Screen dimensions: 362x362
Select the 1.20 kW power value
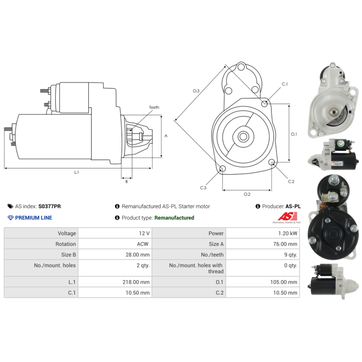pos(288,233)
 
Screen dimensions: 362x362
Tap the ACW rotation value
pos(143,244)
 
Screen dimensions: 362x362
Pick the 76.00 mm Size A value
pos(285,244)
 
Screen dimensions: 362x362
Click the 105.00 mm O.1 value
pos(284,282)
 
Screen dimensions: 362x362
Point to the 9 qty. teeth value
pos(291,255)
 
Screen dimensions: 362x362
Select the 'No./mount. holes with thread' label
pos(196,268)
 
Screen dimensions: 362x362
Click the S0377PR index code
pos(49,206)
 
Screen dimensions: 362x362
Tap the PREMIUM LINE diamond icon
pos(10,218)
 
